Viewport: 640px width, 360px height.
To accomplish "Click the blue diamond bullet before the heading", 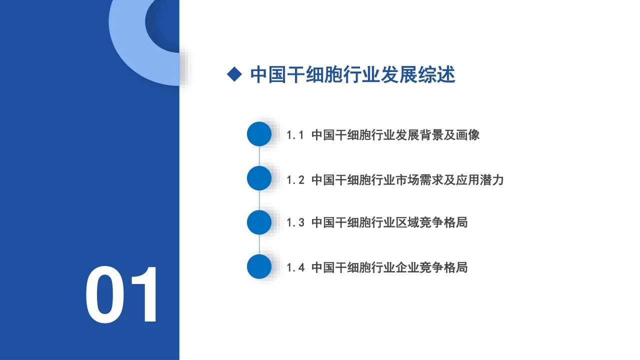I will (234, 75).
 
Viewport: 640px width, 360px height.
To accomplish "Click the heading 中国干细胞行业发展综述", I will (352, 75).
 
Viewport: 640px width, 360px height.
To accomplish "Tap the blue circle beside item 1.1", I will (259, 134).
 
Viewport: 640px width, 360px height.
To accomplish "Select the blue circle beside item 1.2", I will (259, 178).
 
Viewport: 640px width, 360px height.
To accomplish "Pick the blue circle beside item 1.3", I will (259, 222).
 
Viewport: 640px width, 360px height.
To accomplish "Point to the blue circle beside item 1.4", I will (259, 266).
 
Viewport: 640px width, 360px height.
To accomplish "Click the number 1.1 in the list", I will (295, 135).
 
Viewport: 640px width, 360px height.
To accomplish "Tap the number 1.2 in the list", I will (295, 180).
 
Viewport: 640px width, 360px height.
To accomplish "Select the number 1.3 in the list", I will (295, 222).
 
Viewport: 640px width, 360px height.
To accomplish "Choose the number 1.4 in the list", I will (295, 267).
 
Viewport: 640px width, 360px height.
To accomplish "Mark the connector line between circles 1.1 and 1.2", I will (259, 156).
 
